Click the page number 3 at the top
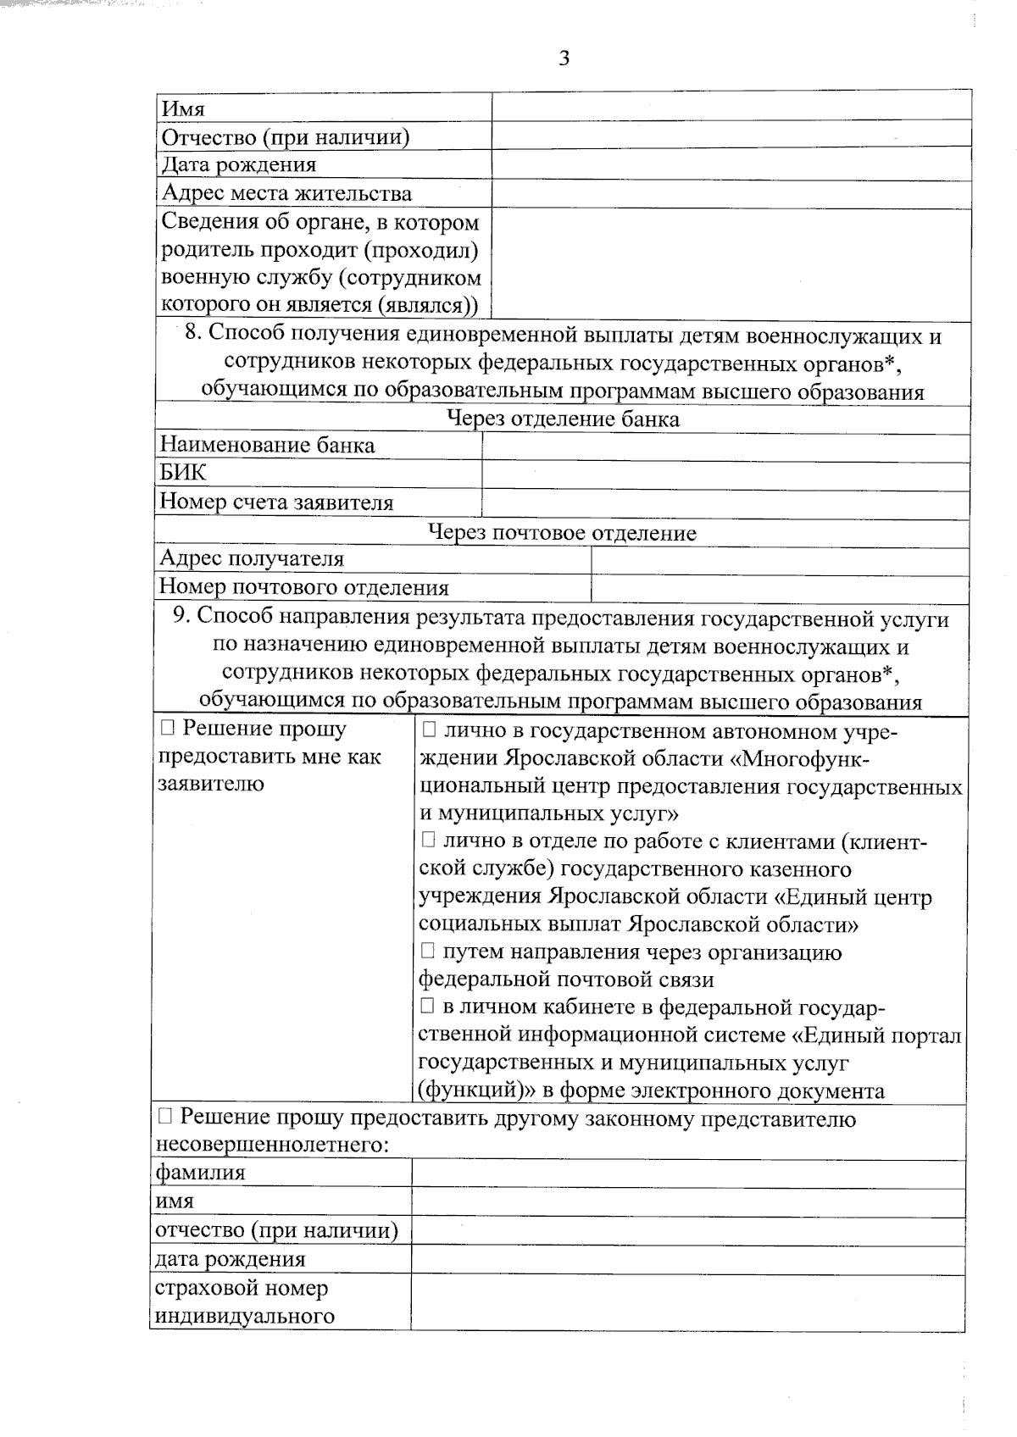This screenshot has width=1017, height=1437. (564, 58)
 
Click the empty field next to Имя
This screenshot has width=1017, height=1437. (731, 108)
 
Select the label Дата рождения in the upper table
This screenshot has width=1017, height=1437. (239, 164)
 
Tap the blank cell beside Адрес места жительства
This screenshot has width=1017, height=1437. (731, 193)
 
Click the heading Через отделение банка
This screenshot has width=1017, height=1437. (563, 419)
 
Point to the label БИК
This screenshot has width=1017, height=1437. (183, 473)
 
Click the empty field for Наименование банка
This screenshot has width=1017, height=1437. (725, 447)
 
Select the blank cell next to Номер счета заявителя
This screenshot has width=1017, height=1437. (725, 503)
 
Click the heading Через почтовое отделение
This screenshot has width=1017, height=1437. (562, 533)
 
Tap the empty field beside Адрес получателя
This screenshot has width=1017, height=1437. (780, 560)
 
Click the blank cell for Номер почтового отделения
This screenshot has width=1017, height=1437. (780, 588)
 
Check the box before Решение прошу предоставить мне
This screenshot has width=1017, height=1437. (167, 728)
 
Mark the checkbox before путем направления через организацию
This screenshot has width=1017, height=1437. (428, 952)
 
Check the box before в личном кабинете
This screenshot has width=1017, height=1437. (428, 1007)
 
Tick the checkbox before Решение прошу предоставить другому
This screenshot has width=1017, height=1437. (164, 1118)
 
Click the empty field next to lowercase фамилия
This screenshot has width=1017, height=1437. (687, 1173)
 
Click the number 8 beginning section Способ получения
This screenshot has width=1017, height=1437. (192, 333)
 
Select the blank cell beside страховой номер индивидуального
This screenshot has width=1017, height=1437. (687, 1302)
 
